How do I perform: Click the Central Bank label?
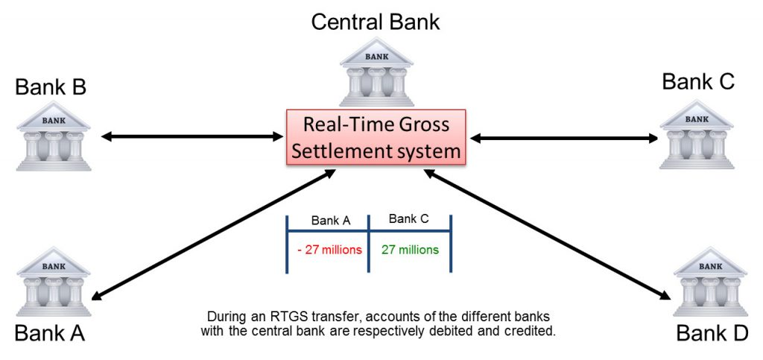[376, 21]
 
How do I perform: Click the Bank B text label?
[51, 87]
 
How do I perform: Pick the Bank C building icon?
[696, 134]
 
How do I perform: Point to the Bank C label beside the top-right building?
[698, 81]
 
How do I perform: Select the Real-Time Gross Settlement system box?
[376, 137]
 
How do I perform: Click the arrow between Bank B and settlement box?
[190, 136]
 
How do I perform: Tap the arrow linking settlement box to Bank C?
[564, 137]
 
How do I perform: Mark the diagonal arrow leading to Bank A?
[212, 233]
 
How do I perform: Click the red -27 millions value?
[329, 250]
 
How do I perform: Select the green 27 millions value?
[410, 250]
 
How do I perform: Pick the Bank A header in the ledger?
[330, 221]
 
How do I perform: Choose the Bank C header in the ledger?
[408, 219]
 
